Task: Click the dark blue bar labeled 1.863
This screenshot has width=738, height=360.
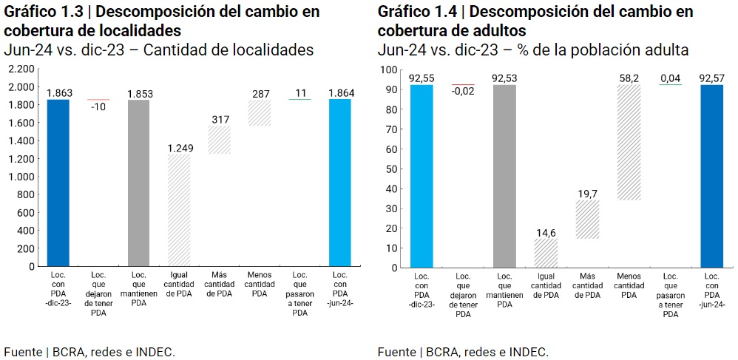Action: tap(58, 183)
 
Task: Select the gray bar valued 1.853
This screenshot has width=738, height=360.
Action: tap(139, 183)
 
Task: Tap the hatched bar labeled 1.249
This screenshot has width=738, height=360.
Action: tap(179, 210)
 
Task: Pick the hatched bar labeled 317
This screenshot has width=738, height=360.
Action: tap(219, 140)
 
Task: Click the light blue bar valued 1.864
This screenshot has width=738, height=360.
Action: tap(340, 183)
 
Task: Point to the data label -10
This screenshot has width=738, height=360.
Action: tap(98, 106)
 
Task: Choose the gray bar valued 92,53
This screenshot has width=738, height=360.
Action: tap(504, 176)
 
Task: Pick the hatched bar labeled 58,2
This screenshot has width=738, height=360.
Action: tap(629, 142)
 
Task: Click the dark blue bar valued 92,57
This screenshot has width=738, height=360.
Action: tap(711, 176)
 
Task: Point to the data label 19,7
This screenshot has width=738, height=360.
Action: tap(587, 194)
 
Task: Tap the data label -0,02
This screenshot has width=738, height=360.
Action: tap(463, 92)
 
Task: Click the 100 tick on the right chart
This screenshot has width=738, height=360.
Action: tap(389, 69)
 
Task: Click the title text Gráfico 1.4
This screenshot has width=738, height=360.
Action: tap(416, 11)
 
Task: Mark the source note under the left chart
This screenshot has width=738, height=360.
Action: tap(89, 352)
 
